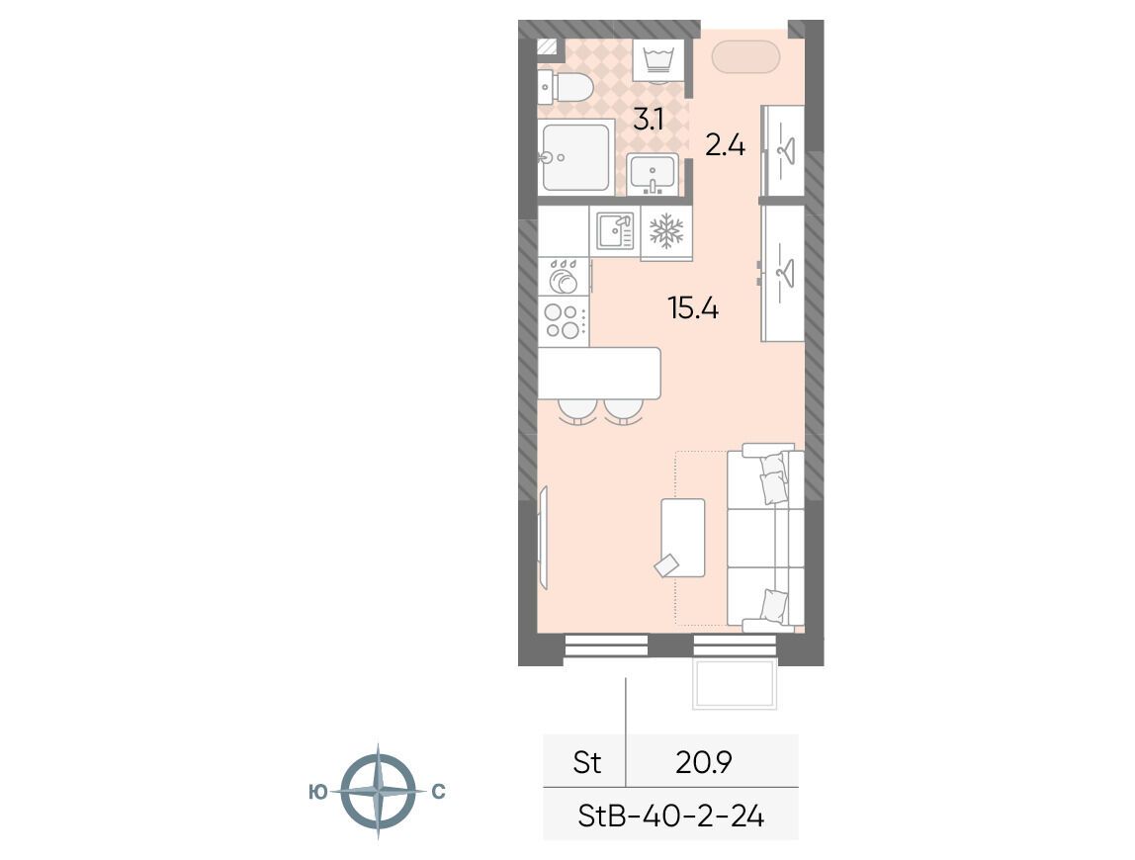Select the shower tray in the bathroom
click(576, 157)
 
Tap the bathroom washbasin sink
click(653, 174)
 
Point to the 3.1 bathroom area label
click(649, 119)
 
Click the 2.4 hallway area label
click(726, 146)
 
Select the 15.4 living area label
click(693, 309)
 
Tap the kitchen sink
click(615, 231)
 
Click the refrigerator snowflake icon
click(666, 231)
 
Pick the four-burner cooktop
click(564, 320)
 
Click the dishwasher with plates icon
click(564, 276)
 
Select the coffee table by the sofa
click(682, 538)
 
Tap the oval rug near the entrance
click(745, 56)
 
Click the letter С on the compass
click(438, 792)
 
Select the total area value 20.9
click(704, 761)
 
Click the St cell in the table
click(586, 762)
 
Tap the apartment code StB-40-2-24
click(671, 817)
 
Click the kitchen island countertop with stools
click(599, 374)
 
